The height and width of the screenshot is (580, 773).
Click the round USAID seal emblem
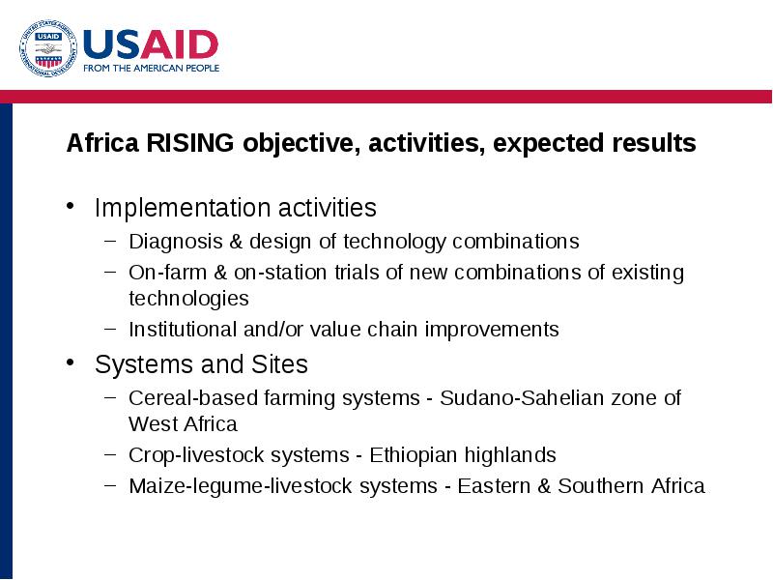pos(48,48)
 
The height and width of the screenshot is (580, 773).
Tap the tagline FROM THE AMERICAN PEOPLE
pos(152,68)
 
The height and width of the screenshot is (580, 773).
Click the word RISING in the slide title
pos(189,143)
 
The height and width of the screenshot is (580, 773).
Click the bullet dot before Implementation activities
pos(70,206)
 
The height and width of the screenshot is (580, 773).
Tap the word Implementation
pos(182,208)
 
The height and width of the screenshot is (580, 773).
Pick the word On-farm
pos(167,273)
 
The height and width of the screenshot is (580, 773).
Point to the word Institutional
pos(183,330)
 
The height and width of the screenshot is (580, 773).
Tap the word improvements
pos(492,330)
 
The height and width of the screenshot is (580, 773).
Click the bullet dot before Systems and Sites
pos(70,362)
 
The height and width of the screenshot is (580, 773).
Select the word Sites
pos(279,364)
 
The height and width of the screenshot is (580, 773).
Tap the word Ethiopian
pos(414,455)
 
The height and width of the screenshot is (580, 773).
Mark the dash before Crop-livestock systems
pos(110,453)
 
